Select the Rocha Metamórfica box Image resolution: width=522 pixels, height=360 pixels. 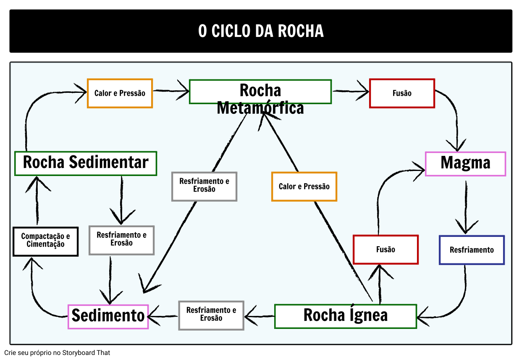click(260, 92)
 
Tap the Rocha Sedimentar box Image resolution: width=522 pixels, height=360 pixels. click(86, 163)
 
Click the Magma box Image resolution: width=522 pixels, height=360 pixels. click(465, 163)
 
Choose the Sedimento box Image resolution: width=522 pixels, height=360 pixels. click(108, 316)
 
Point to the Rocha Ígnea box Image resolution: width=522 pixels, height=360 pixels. click(345, 316)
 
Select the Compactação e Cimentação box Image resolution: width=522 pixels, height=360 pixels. click(45, 241)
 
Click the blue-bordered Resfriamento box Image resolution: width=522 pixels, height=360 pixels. click(472, 250)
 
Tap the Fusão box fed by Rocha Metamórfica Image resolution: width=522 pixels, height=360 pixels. click(402, 93)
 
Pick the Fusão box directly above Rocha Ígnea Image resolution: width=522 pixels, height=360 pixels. click(386, 250)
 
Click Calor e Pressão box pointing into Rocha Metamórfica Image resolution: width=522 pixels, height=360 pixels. click(120, 93)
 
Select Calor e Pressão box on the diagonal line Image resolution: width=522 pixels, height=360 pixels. click(304, 187)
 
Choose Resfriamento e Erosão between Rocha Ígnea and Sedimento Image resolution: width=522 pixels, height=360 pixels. click(211, 315)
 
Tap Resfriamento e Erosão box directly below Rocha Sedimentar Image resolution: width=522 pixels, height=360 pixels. click(121, 240)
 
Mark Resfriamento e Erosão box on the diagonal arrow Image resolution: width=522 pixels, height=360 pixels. click(204, 186)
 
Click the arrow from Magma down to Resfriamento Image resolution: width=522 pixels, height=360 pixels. click(466, 206)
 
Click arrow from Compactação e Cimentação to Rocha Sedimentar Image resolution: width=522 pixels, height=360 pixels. click(37, 202)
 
